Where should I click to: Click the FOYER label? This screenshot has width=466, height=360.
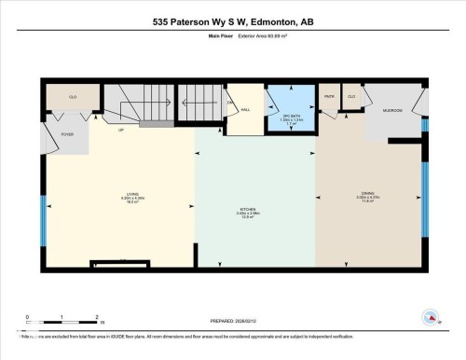[x=67, y=134]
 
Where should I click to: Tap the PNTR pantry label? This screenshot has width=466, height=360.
[x=329, y=96]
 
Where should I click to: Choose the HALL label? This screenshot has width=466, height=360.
[x=245, y=109]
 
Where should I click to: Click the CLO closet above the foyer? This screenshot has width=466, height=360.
[x=73, y=96]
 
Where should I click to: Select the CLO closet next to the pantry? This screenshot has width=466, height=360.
[x=351, y=96]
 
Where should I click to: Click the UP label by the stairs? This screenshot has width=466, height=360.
[x=120, y=130]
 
